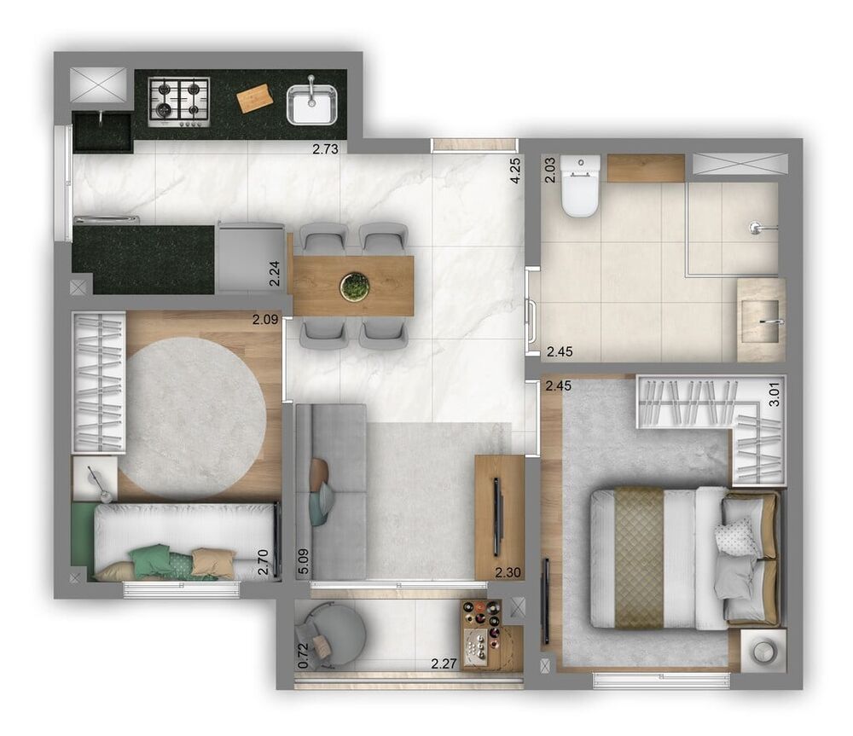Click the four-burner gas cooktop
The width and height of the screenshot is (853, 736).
click(x=179, y=101)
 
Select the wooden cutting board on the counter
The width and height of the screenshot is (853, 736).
click(x=255, y=98)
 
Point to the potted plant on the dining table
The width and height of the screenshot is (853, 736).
click(x=353, y=287)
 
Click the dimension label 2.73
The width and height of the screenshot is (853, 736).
click(x=325, y=148)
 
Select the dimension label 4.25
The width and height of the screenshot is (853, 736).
click(x=514, y=171)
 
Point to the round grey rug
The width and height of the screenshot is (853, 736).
click(x=192, y=417)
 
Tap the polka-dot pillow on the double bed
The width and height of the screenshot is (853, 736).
click(x=735, y=536)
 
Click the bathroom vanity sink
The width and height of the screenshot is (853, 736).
click(x=762, y=320)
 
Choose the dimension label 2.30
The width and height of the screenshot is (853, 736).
click(x=508, y=573)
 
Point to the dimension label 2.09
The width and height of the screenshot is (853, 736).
click(x=264, y=321)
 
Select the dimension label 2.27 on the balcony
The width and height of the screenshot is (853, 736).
click(x=444, y=663)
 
